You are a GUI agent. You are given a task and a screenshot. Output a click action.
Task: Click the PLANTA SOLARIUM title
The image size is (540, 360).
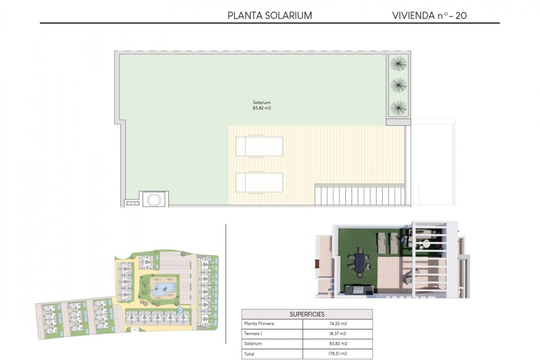click(270, 15)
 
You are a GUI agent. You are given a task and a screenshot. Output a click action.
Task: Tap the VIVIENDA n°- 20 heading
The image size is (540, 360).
click(429, 15)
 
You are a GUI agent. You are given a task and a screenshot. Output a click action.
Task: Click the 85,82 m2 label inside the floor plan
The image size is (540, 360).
click(262, 108)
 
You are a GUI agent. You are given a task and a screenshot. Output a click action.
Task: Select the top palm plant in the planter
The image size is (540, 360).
click(398, 64)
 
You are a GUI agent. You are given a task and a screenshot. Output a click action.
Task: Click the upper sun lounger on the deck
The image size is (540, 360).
click(259, 146)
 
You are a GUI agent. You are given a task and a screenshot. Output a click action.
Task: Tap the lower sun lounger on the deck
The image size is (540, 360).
click(259, 182)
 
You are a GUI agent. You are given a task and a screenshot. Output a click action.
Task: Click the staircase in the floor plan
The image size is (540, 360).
click(360, 195)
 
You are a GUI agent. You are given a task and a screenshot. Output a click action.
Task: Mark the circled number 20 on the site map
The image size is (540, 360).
click(180, 310)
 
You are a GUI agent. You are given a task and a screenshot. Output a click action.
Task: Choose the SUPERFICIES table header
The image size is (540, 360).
click(307, 314)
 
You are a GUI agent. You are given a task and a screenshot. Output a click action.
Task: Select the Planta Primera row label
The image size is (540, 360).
click(259, 324)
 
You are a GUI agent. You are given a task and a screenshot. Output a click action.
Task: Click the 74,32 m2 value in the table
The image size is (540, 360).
click(338, 324)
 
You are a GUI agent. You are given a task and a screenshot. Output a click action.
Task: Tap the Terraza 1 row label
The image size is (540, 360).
click(253, 334)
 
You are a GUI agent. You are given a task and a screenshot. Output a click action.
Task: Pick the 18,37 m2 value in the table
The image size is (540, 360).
click(338, 334)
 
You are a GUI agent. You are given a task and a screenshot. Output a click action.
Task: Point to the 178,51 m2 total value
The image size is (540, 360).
click(338, 354)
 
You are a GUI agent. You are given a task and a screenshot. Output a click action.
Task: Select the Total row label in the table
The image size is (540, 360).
click(249, 354)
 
